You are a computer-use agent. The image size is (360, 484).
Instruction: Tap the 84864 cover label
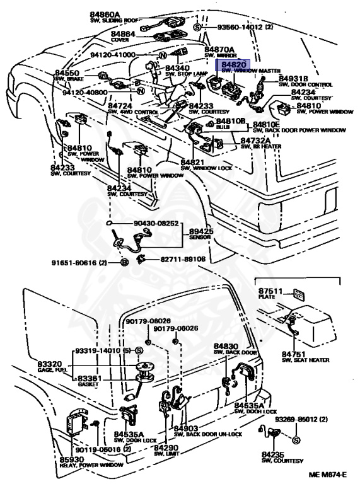point(124,33)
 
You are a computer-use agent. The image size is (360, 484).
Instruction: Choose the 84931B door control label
point(295,78)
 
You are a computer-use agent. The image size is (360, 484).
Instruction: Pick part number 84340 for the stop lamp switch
point(178,68)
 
